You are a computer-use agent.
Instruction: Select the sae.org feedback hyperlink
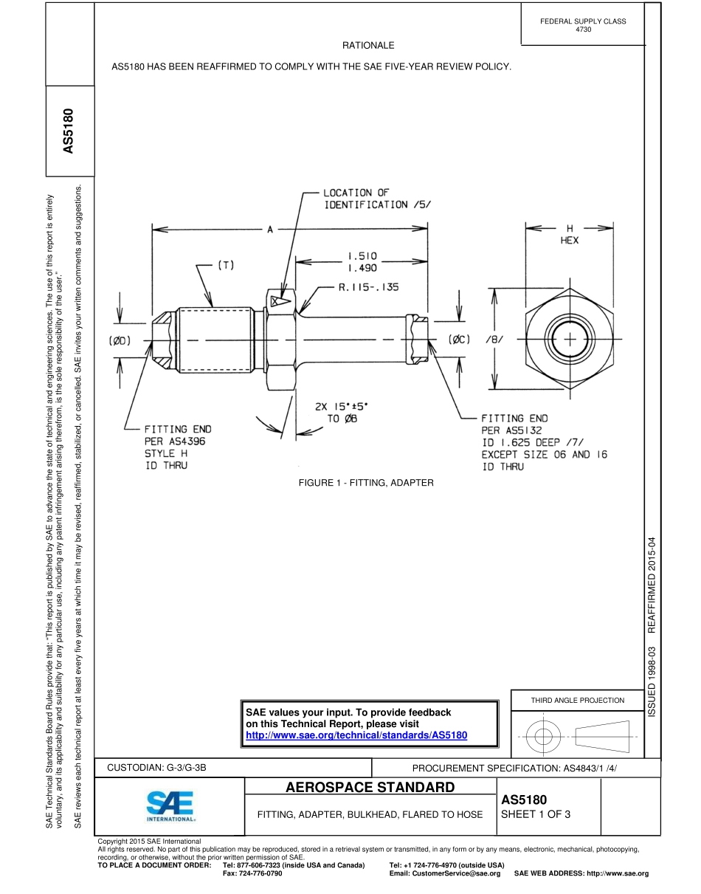356,736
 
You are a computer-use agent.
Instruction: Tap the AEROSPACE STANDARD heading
370,788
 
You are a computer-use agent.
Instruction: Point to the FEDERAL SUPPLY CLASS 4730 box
583,25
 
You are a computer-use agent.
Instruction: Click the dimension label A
270,230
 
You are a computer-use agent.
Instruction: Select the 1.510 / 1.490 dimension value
362,262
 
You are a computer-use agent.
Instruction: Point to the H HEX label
569,234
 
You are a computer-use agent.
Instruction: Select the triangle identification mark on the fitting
277,301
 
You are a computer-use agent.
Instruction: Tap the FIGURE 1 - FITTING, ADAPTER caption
366,483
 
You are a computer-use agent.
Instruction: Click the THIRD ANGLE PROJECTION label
578,700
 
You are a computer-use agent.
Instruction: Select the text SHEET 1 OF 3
536,815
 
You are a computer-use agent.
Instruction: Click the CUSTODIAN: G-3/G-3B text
157,768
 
